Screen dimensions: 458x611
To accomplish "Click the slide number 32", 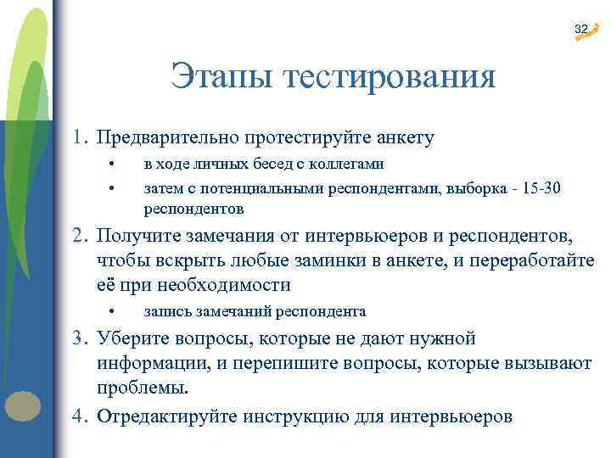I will click(580, 30).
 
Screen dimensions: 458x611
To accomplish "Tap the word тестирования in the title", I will click(390, 77).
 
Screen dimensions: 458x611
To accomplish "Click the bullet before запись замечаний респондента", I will click(111, 311).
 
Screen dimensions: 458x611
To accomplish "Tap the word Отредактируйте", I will click(166, 416).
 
